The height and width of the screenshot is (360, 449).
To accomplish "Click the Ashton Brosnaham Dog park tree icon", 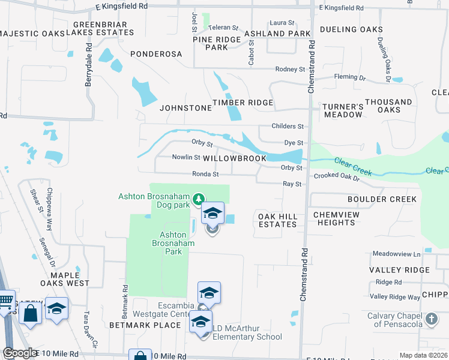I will click(198, 199).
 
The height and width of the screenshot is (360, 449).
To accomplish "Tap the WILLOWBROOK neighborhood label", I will click(234, 158).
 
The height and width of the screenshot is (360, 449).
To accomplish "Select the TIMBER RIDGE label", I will click(243, 103).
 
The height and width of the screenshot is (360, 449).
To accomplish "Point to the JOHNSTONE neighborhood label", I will click(185, 109).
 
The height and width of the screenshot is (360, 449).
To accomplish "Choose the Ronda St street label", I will click(205, 174).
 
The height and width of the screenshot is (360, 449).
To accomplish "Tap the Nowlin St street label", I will click(186, 157).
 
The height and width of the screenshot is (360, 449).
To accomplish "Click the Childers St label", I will click(288, 127).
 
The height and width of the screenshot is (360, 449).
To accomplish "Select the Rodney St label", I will click(291, 70).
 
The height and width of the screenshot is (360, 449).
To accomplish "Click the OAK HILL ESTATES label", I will click(277, 220).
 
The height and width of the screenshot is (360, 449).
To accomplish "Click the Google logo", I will click(20, 353).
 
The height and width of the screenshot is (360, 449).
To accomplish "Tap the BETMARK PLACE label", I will click(145, 325).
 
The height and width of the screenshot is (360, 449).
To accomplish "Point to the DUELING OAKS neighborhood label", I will click(351, 29).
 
